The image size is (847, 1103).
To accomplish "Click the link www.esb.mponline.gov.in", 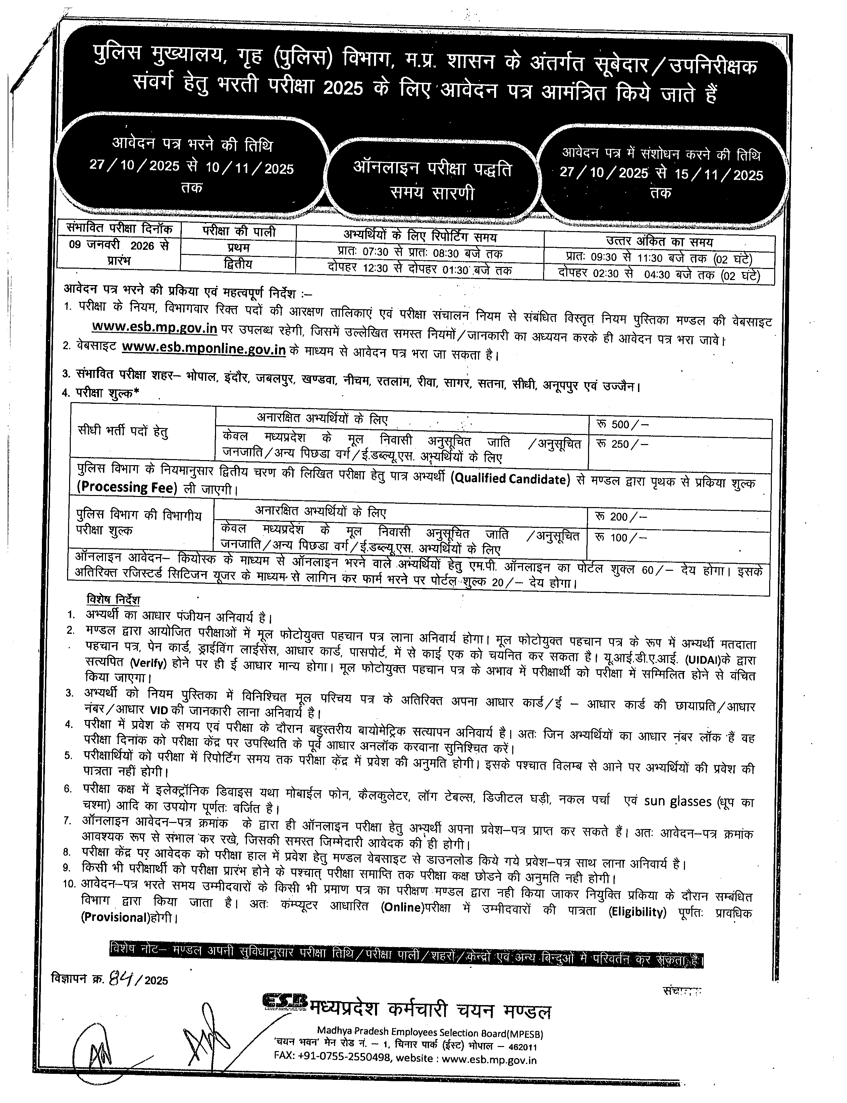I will click(204, 349).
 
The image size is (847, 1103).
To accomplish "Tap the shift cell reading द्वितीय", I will click(238, 264).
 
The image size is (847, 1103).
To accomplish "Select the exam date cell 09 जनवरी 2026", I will click(119, 246).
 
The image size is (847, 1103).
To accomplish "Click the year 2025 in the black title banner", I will click(343, 88).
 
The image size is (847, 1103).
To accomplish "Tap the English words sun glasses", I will click(678, 802).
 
